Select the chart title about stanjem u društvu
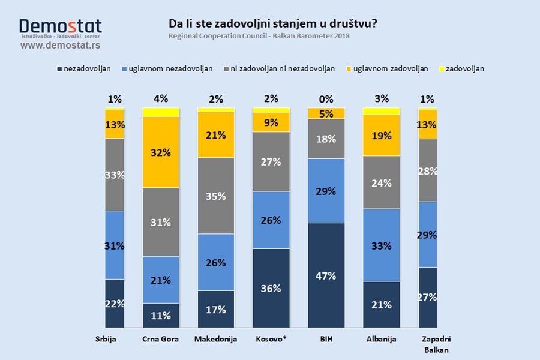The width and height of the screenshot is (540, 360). pos(274,24)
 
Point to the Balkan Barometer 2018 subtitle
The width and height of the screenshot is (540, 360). pos(259,36)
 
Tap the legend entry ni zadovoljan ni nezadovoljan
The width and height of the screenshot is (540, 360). pos(279,68)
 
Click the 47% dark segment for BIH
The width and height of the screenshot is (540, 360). pos(326,275)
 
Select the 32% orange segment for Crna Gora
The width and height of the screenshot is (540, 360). pos(161,152)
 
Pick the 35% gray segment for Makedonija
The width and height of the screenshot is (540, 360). pos(216,196)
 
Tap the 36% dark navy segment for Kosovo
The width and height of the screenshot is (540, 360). pos(271,288)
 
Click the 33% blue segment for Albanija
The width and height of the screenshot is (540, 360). pos(382,245)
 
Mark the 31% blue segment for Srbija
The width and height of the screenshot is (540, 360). pos(115,245)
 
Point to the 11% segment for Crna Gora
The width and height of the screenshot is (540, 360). pos(161,316)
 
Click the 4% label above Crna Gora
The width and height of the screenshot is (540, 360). pos(161,98)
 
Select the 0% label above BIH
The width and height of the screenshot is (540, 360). pos(326,98)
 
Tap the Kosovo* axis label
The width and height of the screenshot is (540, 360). pos(271,339)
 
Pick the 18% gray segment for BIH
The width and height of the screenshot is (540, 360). pos(326,139)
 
